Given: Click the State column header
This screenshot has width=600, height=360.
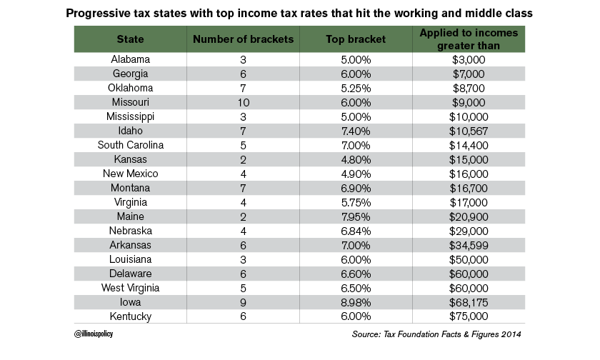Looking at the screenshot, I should (130, 40).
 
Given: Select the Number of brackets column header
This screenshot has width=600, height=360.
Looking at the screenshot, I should (244, 40).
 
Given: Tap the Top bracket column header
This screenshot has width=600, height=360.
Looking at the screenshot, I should (355, 40).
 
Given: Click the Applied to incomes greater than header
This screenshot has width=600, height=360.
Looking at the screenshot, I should (469, 40).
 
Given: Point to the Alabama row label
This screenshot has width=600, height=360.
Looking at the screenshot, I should (130, 60).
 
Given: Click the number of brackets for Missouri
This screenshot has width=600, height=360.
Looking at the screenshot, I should (244, 102).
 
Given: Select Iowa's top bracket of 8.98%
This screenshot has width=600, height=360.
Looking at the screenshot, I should (355, 301).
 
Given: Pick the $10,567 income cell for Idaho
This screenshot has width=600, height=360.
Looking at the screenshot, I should (469, 131).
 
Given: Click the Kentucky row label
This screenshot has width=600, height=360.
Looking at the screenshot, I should (130, 316).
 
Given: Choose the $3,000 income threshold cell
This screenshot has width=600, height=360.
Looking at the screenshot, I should (469, 60).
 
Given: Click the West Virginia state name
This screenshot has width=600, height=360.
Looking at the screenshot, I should (130, 287).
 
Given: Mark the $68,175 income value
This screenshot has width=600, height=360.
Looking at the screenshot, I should (469, 301).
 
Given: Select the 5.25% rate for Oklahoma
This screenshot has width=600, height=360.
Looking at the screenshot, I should (355, 88).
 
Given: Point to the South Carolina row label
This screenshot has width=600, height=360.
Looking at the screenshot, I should (130, 145).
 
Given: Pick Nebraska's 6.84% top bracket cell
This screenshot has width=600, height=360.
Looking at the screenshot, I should (355, 230).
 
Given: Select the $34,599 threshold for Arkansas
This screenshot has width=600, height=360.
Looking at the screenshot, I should (469, 244).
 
